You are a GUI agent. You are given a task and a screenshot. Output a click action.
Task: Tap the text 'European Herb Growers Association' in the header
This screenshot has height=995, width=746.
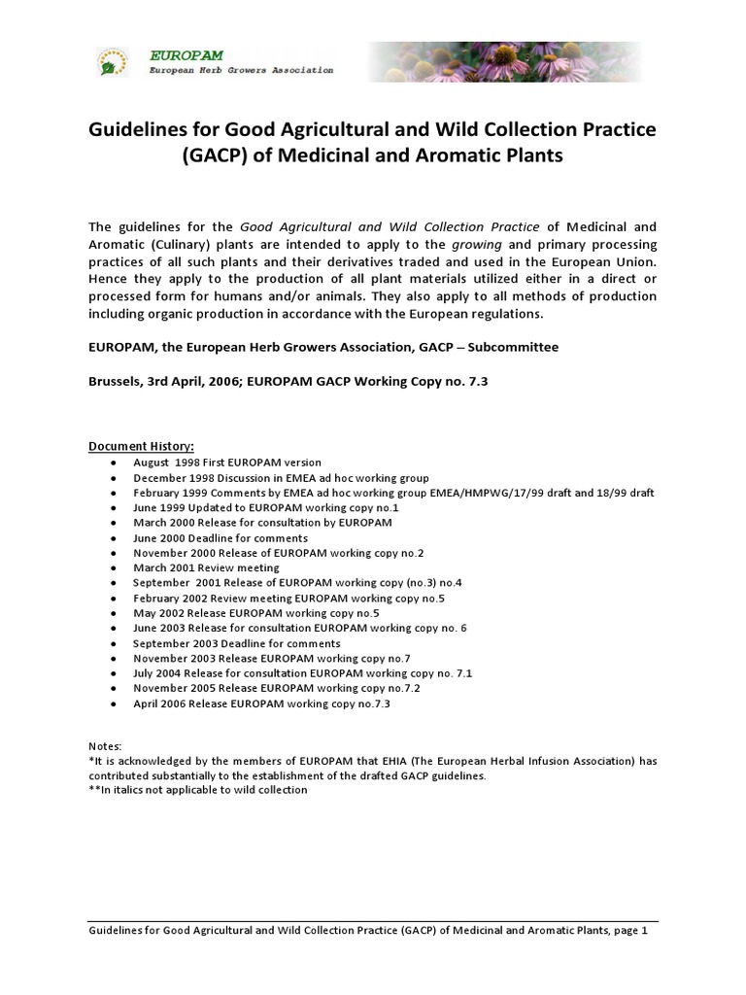[241, 71]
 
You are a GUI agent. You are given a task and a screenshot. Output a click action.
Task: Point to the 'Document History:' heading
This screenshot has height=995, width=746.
[142, 446]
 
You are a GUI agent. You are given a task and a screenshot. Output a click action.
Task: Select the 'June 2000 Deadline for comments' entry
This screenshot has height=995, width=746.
[220, 538]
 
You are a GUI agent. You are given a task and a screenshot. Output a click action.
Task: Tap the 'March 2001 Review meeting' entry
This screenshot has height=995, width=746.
[206, 567]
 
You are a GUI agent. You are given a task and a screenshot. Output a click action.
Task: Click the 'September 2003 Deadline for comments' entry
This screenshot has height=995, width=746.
[237, 643]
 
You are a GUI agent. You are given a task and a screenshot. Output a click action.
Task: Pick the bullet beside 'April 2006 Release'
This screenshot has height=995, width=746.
[115, 703]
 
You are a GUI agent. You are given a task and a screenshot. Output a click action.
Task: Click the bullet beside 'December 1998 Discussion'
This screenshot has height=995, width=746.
[115, 478]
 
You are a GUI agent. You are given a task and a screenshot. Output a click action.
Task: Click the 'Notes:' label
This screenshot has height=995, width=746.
[105, 745]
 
